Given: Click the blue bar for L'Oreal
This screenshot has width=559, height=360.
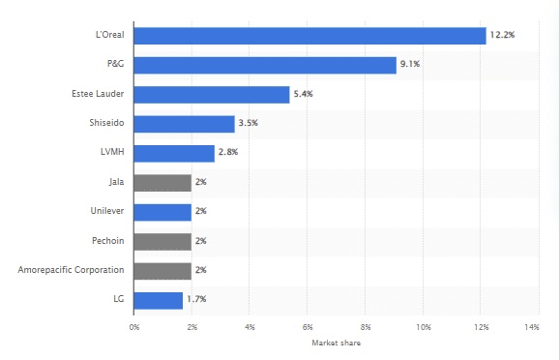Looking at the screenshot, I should tap(309, 36).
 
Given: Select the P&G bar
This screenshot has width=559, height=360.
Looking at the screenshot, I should tap(265, 65).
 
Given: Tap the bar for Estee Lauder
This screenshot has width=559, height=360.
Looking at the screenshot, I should tap(212, 95).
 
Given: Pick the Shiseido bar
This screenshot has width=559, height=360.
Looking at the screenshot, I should tap(184, 124).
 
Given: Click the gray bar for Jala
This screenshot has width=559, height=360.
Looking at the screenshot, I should tap(162, 183).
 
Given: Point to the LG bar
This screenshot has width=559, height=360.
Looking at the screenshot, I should tap(159, 301).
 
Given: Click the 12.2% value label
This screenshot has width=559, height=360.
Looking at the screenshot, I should tap(502, 36).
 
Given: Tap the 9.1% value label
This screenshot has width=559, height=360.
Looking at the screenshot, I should tap(412, 65).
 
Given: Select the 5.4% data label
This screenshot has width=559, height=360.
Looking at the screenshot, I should tap(306, 95).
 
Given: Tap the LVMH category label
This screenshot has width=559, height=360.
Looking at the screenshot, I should tap(111, 154).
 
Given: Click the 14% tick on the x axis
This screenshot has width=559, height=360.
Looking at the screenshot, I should tap(531, 328).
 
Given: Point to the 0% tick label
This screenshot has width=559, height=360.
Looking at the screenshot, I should tap(134, 328).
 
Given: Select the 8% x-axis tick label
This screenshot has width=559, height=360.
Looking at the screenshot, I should tap(366, 328).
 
